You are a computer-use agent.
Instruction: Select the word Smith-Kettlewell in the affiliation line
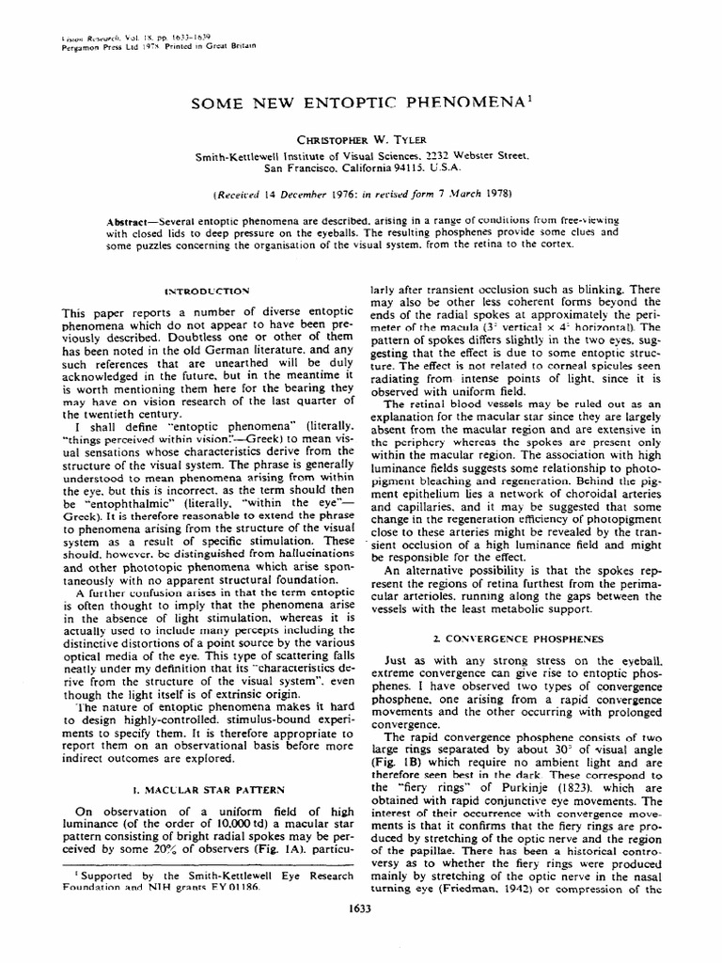pos(243,155)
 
